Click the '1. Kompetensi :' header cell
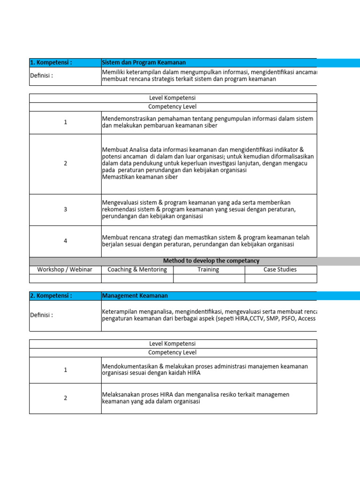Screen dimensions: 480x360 point(51,63)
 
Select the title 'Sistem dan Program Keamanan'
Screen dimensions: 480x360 point(144,63)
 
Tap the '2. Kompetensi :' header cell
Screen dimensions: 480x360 point(51,296)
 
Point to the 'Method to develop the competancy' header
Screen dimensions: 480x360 point(211,261)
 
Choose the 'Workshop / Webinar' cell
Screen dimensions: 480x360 point(65,270)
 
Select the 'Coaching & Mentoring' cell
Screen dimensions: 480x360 point(137,270)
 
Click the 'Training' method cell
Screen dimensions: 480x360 point(209,270)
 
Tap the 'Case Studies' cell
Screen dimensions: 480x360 point(280,270)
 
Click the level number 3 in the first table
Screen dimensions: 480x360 point(66,210)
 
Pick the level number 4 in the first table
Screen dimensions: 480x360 point(66,241)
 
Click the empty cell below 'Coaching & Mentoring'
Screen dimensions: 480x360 point(137,278)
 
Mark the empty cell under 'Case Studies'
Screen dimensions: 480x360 point(280,278)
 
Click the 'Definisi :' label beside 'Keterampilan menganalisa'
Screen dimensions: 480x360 point(41,315)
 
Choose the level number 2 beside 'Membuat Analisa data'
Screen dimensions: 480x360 point(66,164)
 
